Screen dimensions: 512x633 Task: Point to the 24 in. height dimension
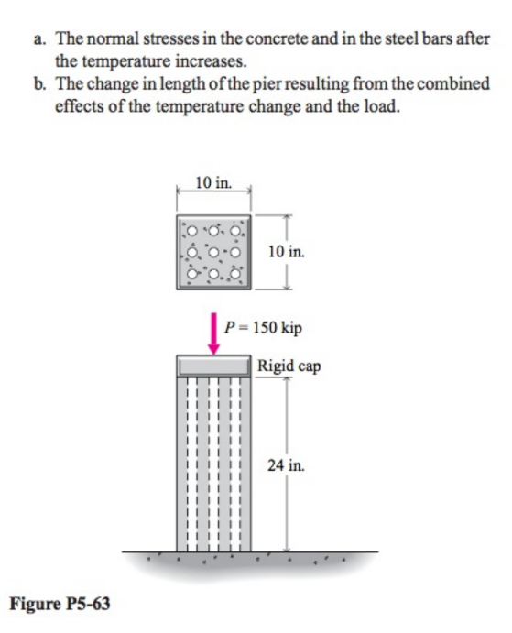coord(286,466)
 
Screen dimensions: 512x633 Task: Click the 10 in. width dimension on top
coord(213,181)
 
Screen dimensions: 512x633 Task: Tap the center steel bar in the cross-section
coord(214,249)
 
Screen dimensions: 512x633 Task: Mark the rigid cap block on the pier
coord(213,366)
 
